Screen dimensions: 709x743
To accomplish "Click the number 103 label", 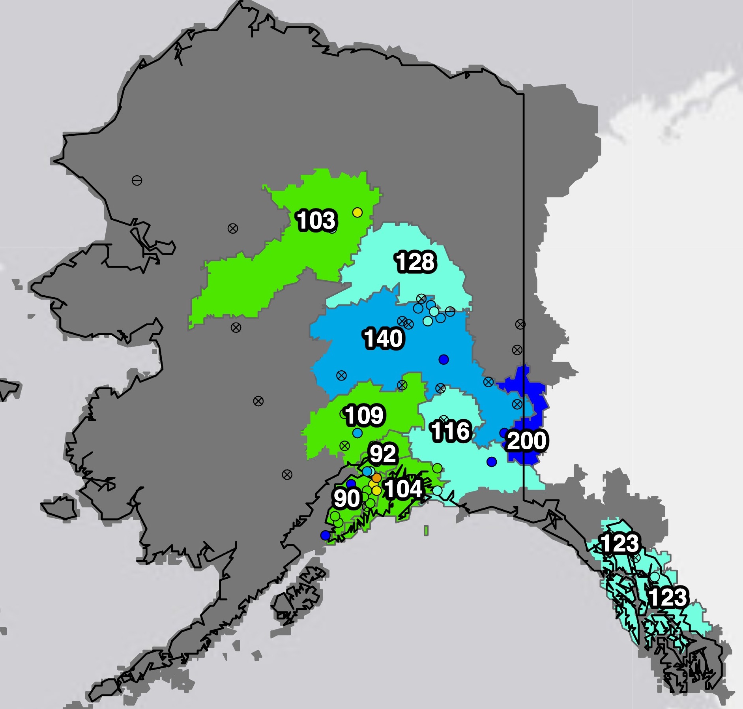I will (x=316, y=220).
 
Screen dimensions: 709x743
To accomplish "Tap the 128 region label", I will (x=415, y=262).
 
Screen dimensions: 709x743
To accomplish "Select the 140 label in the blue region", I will (x=383, y=339).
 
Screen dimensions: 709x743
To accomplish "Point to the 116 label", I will (x=451, y=431).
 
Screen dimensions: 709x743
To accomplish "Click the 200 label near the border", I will (x=527, y=441).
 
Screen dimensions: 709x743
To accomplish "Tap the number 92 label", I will (x=382, y=454).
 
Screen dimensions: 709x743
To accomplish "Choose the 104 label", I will (x=403, y=489).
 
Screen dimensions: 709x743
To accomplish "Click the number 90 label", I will (x=346, y=499).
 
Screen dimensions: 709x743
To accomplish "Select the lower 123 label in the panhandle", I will (x=668, y=597).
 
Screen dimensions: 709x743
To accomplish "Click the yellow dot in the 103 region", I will (x=357, y=212).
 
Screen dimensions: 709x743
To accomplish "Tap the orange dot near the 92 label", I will (x=376, y=478).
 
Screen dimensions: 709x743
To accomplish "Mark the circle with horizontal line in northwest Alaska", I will (x=137, y=181).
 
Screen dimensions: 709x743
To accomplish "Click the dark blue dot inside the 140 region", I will (x=444, y=359).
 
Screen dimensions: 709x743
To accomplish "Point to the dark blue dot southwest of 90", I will (x=325, y=535).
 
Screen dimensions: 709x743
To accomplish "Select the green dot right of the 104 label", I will (x=437, y=468).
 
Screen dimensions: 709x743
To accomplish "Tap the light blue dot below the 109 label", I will (x=357, y=433).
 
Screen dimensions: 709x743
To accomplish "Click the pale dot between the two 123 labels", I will (x=655, y=577).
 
